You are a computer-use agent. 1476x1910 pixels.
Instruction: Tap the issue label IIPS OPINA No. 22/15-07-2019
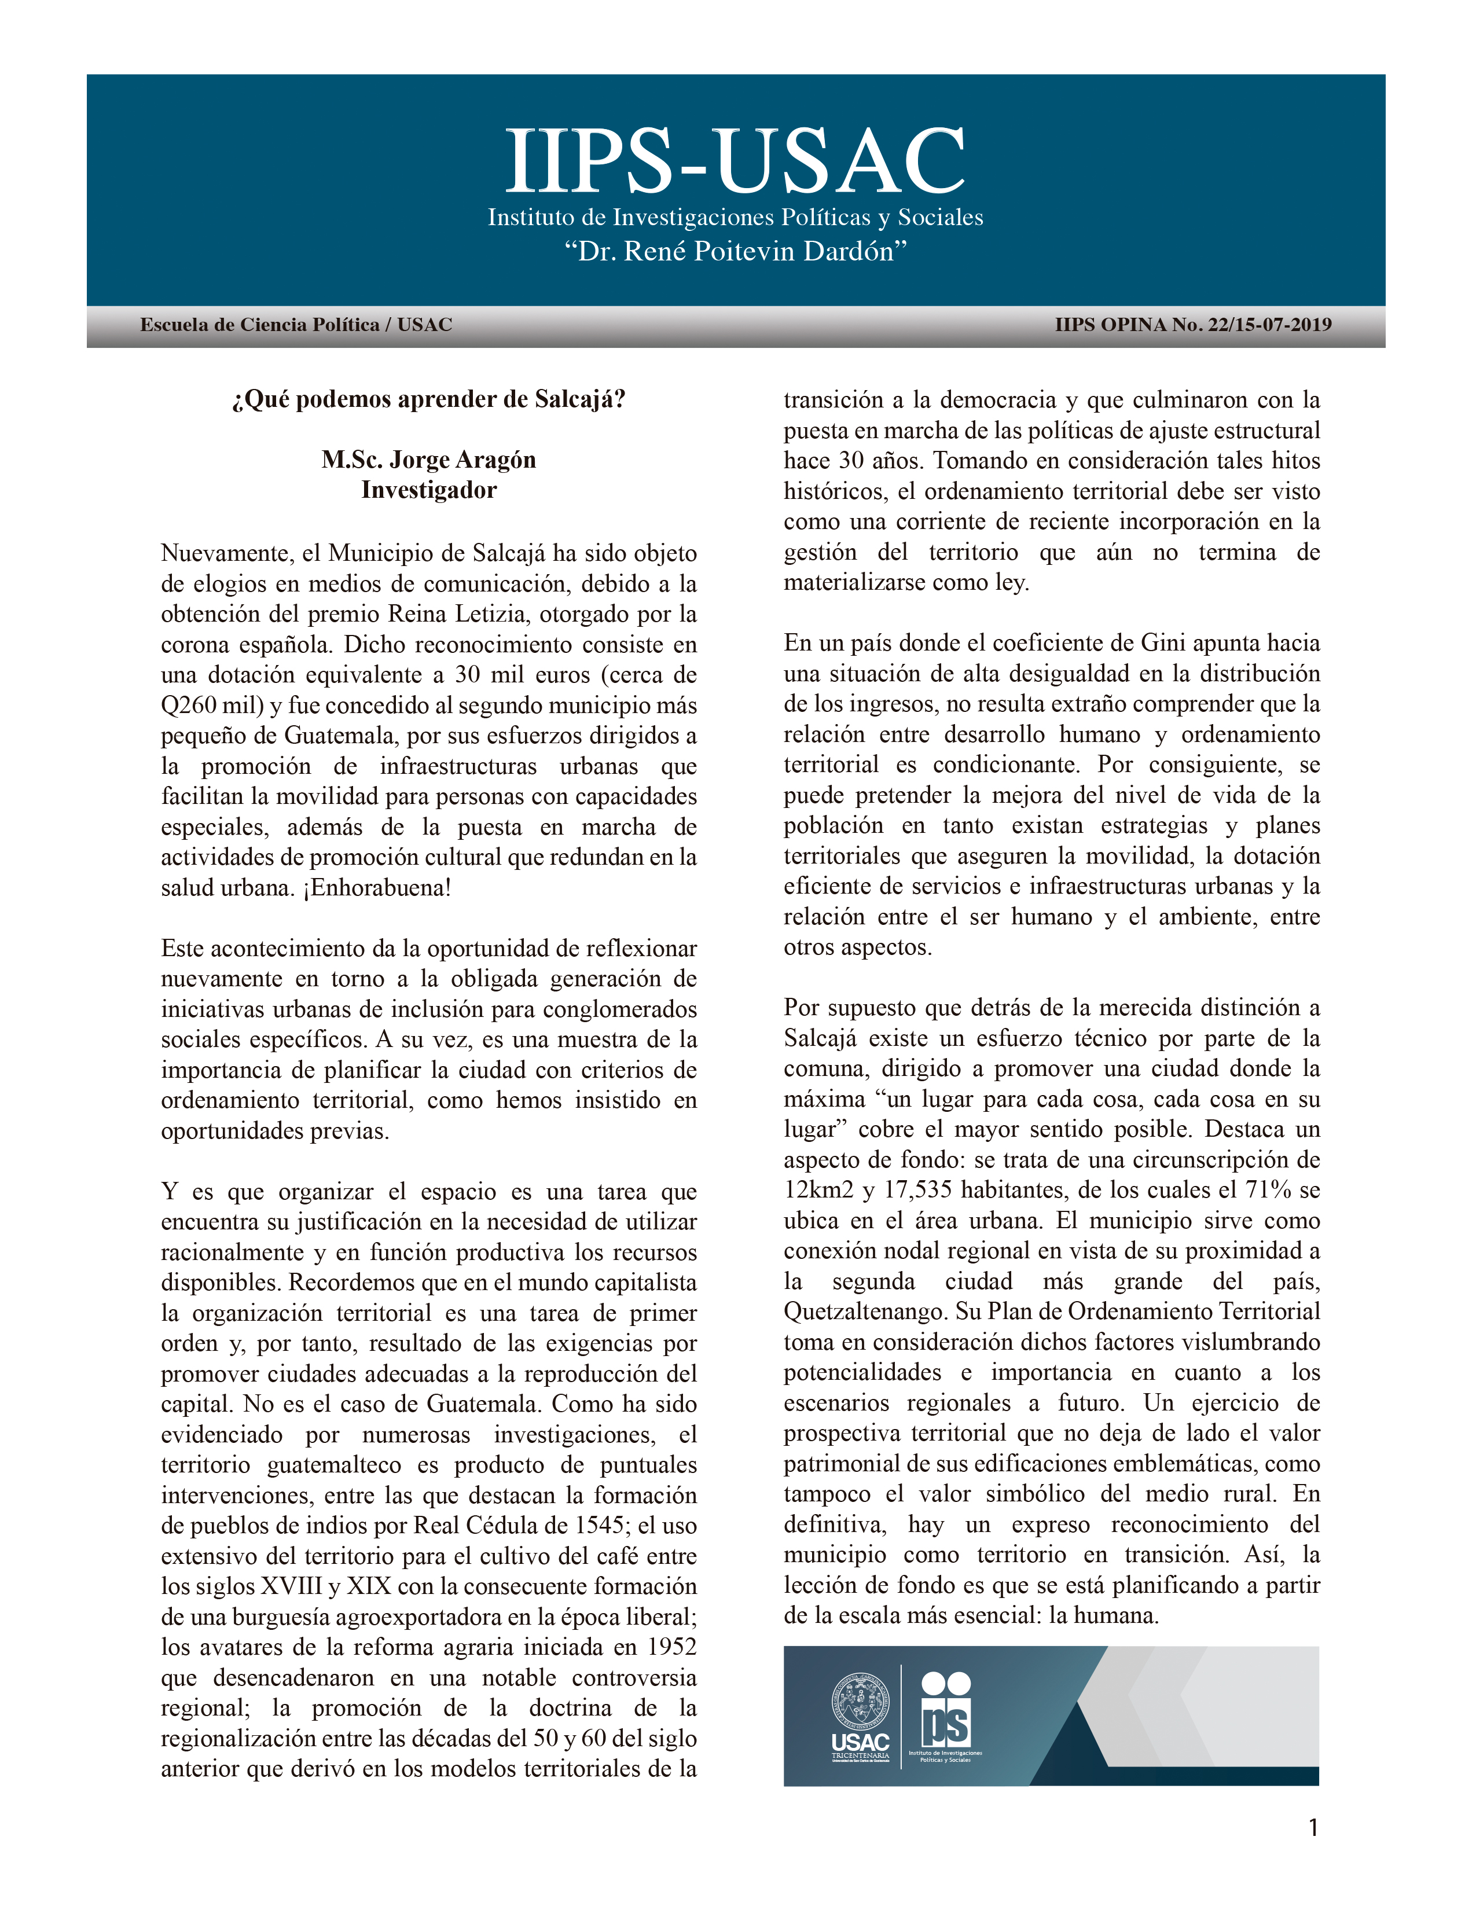(x=1193, y=325)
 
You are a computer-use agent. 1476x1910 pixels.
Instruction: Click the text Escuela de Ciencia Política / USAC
(x=296, y=325)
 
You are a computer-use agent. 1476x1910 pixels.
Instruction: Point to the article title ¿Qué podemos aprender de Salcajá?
(x=428, y=400)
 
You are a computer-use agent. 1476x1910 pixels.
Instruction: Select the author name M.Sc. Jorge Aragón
(x=428, y=460)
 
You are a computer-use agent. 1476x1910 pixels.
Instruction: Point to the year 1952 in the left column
(x=671, y=1648)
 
